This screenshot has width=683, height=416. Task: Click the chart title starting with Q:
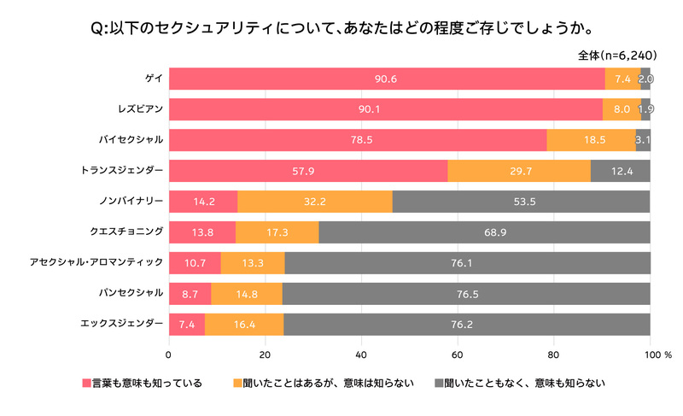pyautogui.click(x=342, y=28)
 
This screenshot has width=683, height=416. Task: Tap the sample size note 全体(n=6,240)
pyautogui.click(x=617, y=56)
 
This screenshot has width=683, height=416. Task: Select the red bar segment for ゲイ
pyautogui.click(x=388, y=79)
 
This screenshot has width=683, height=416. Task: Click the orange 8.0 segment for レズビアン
pyautogui.click(x=622, y=109)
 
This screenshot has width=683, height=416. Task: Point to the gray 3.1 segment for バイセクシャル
pyautogui.click(x=643, y=140)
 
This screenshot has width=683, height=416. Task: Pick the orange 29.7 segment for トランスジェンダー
pyautogui.click(x=519, y=171)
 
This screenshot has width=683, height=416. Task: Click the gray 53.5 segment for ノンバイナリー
pyautogui.click(x=521, y=202)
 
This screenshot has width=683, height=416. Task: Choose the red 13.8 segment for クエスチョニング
pyautogui.click(x=202, y=232)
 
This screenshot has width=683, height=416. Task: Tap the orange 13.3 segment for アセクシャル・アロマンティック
pyautogui.click(x=253, y=263)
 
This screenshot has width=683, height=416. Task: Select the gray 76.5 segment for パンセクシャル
pyautogui.click(x=466, y=294)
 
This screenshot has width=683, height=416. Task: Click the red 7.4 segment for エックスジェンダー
pyautogui.click(x=187, y=325)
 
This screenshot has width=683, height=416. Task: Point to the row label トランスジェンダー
pyautogui.click(x=121, y=170)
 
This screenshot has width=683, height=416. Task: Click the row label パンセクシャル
pyautogui.click(x=131, y=293)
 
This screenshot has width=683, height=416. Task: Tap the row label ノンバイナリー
pyautogui.click(x=131, y=201)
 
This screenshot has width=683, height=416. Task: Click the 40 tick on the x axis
pyautogui.click(x=361, y=355)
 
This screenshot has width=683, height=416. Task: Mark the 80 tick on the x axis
pyautogui.click(x=553, y=355)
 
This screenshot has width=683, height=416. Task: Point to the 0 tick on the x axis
pyautogui.click(x=168, y=355)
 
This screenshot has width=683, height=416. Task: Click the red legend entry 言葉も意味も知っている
pyautogui.click(x=143, y=384)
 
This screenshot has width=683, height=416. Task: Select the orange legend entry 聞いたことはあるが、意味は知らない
pyautogui.click(x=324, y=384)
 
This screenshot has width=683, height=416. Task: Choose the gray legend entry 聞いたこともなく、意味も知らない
pyautogui.click(x=520, y=384)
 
